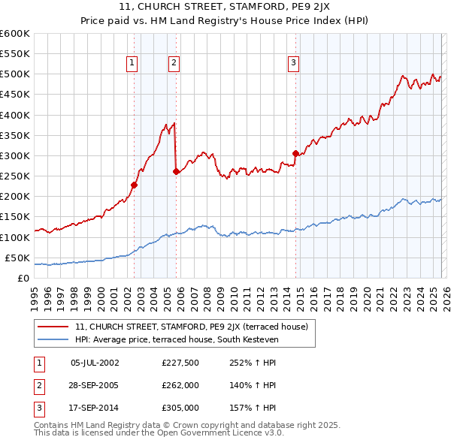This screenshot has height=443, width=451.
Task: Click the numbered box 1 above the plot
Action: point(132,64)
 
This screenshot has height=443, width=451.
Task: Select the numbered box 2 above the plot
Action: point(174,64)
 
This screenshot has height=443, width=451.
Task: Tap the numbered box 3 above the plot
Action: point(293,64)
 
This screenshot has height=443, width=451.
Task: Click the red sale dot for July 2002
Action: point(134,185)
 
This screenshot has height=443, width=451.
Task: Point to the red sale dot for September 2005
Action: point(177,171)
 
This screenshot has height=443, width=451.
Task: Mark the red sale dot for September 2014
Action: point(295,153)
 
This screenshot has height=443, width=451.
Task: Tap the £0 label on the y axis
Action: point(23,278)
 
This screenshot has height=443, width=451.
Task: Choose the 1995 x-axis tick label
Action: point(34,293)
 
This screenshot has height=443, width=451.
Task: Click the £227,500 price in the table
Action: point(180,363)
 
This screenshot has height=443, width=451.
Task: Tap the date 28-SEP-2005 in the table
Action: point(95,385)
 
